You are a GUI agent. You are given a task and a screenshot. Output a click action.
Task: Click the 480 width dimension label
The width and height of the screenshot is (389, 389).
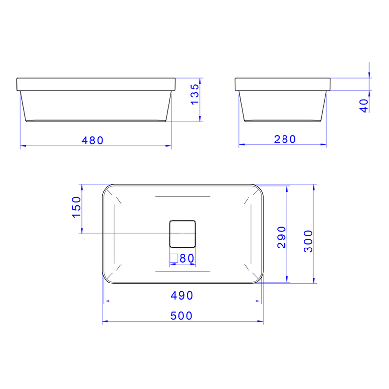(92, 141)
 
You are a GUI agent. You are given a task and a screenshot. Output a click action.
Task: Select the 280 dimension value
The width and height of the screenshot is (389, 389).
(284, 139)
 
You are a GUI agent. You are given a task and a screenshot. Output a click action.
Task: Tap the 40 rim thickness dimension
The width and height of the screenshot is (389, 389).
(364, 106)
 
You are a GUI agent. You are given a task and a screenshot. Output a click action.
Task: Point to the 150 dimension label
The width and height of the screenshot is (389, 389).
(76, 208)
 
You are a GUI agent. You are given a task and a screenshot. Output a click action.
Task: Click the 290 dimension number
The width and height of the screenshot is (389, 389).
(282, 237)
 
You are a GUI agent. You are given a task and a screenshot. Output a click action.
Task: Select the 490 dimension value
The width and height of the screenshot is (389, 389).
(182, 295)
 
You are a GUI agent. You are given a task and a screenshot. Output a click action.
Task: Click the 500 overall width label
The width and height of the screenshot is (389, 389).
(182, 316)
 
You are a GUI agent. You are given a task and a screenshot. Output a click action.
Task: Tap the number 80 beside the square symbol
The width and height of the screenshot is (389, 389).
(187, 258)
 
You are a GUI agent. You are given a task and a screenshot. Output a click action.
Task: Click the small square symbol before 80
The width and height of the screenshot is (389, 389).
(174, 258)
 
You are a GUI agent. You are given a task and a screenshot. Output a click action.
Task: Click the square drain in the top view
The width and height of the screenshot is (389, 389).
(182, 233)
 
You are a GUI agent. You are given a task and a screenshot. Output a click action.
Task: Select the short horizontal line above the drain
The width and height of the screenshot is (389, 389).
(182, 196)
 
